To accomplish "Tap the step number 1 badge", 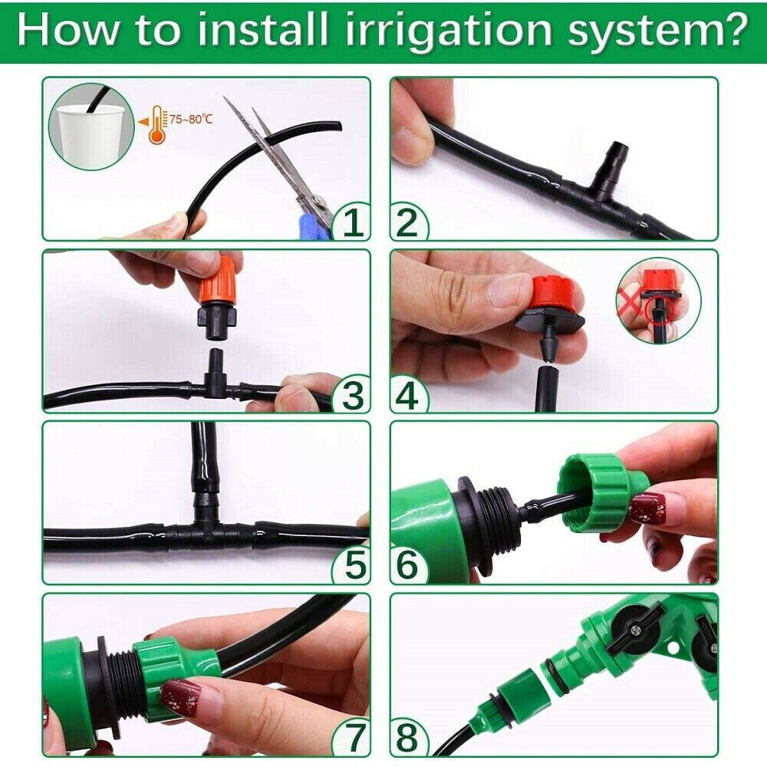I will click(x=352, y=223).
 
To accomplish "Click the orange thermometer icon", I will click(x=157, y=124).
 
